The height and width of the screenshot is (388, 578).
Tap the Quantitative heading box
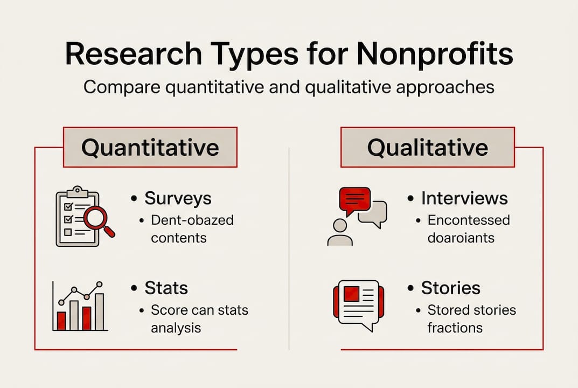[150, 147]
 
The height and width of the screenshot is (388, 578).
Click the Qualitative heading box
[427, 147]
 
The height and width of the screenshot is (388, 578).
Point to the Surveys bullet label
[178, 198]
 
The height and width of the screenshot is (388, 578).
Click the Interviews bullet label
[464, 198]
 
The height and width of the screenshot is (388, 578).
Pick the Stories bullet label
[450, 288]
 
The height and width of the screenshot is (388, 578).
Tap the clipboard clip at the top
[78, 191]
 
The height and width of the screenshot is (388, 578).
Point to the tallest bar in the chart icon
[99, 311]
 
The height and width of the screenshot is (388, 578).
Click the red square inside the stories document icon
[352, 294]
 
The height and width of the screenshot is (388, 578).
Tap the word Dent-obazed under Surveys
[192, 220]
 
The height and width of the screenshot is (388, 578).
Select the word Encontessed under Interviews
[468, 220]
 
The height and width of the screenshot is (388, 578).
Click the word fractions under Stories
[455, 327]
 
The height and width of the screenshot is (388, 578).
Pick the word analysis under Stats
[175, 327]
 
